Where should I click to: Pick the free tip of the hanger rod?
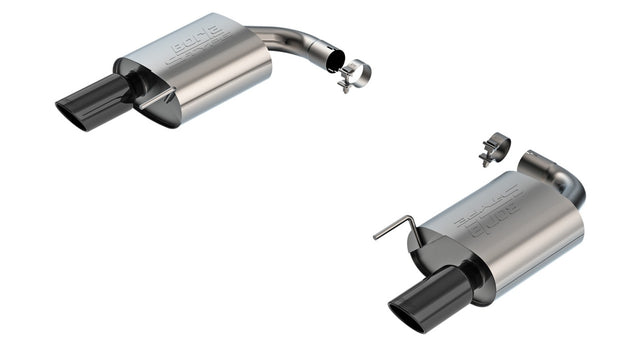[x=375, y=237]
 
